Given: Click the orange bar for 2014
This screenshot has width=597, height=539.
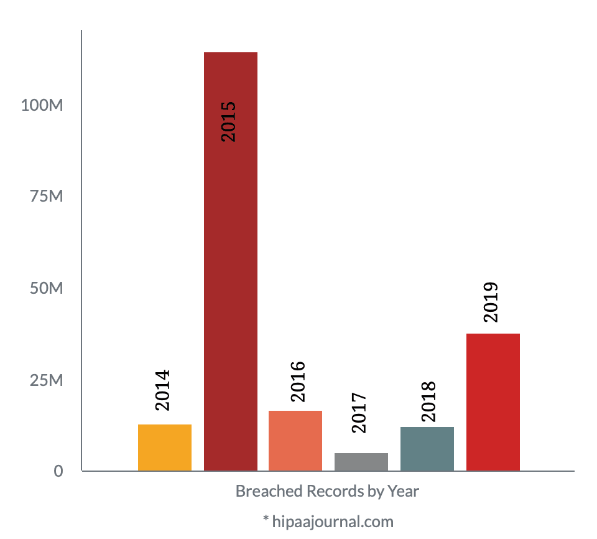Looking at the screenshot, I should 165,448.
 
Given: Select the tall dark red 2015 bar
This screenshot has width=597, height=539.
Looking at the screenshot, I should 231,261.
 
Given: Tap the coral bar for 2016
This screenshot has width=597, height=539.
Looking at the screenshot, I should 295,441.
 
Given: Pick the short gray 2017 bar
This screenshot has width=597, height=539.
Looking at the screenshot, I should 361,462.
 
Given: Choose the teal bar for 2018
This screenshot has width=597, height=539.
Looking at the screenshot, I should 427,449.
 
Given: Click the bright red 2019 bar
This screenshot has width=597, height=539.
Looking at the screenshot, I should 493,402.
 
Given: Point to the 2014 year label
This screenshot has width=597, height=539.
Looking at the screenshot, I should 162,390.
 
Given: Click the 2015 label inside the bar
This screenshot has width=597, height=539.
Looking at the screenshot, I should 228,121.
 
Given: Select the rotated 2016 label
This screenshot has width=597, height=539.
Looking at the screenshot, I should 298,382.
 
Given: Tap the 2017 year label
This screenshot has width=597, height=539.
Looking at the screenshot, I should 360,413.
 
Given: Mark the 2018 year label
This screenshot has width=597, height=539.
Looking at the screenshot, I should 428,402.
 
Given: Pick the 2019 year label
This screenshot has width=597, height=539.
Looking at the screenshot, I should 491,302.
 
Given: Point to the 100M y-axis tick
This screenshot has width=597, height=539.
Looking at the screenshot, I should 42,105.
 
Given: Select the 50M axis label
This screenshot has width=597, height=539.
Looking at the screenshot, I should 47,289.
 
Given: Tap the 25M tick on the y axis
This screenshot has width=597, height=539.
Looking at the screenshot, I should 47,380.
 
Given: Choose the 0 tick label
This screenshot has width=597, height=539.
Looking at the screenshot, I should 58,471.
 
